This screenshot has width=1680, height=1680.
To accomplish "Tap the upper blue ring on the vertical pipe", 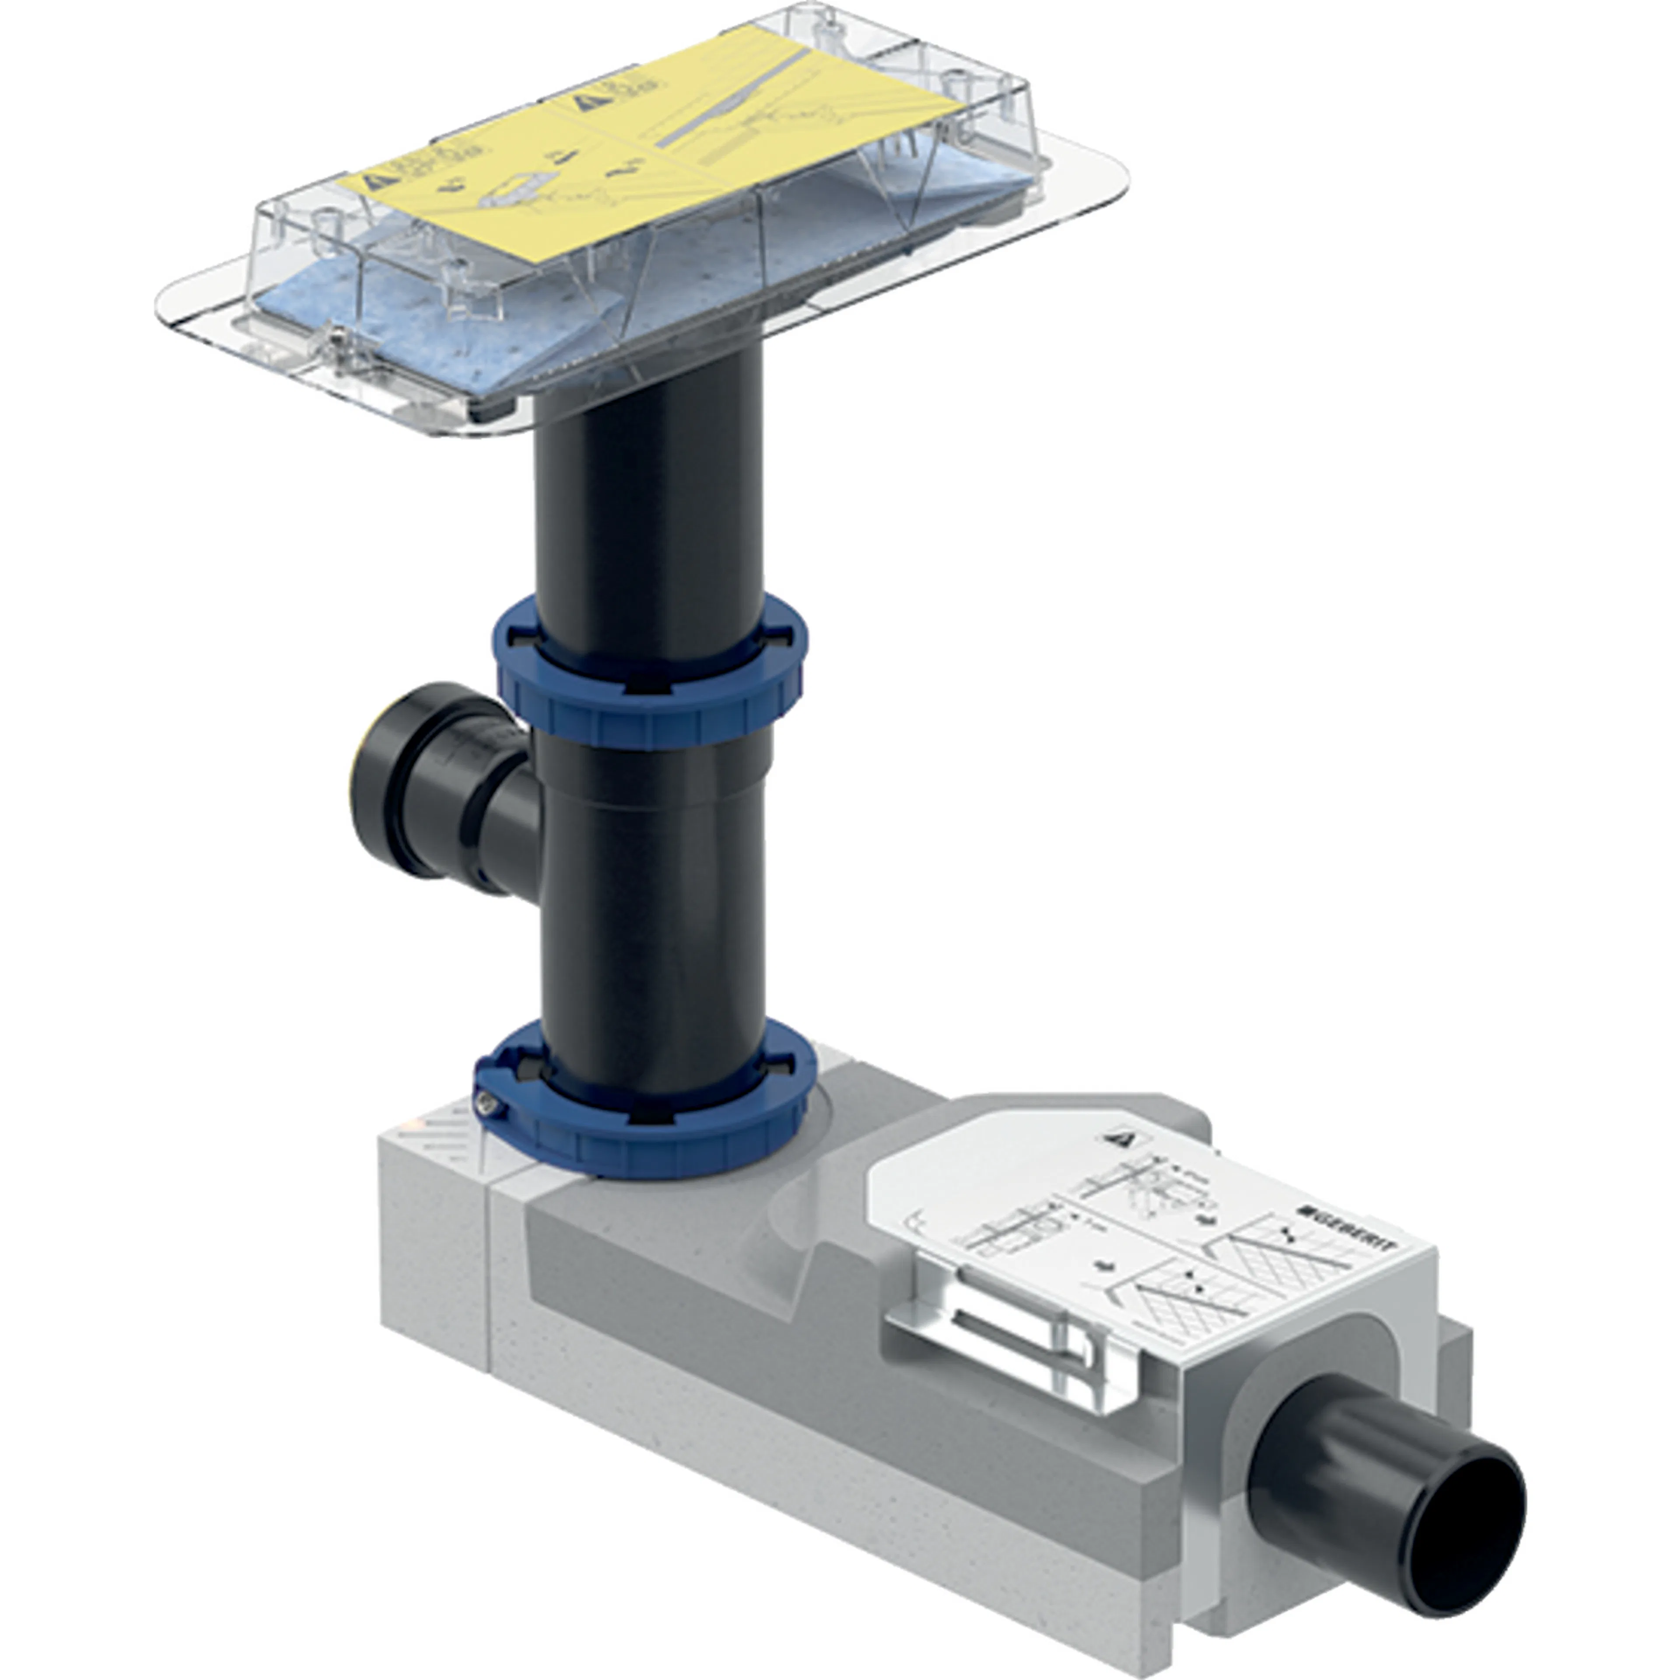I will (x=652, y=696).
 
